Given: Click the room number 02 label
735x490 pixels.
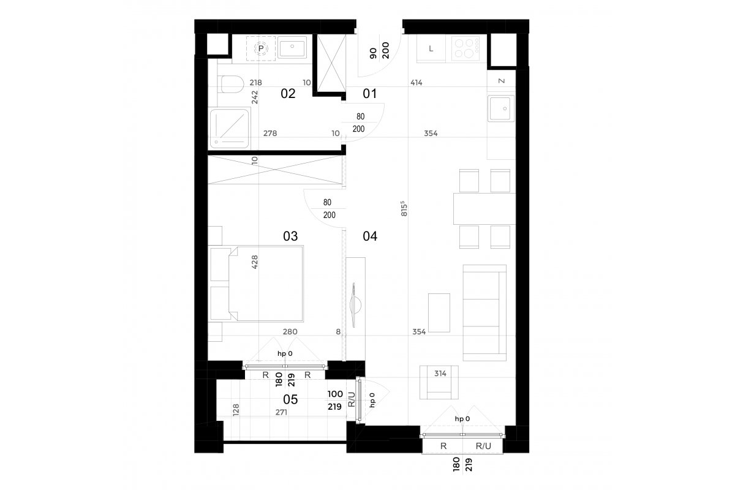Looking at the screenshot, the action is point(288,94).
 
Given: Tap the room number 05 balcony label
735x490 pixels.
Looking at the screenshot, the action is point(290,399).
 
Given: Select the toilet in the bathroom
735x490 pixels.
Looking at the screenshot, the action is point(232,85).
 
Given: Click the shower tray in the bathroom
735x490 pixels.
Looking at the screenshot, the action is point(229,129).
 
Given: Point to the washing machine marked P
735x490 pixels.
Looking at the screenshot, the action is point(261,48).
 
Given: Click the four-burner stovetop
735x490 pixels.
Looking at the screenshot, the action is point(466,48).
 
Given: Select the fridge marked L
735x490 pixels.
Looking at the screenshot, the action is point(431,49).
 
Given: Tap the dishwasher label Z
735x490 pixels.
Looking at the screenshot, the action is point(502,81).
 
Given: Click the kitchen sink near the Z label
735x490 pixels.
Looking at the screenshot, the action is point(501,108).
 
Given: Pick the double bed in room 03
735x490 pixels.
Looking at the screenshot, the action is point(266,284).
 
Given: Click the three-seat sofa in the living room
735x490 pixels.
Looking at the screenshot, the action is point(484,313).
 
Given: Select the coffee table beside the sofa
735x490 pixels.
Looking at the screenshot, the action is point(439,313).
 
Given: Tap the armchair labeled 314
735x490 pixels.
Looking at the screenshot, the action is point(439,382).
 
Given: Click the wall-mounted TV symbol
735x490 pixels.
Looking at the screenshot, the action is point(355,305).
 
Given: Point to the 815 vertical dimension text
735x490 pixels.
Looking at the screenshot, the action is point(404,209).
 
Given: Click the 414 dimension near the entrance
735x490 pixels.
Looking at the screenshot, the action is point(416,83).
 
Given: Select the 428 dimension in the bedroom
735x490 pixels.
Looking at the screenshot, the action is point(255,262).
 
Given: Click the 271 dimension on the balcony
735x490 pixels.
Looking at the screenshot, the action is point(281,412).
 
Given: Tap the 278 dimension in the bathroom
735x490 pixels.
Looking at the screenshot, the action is point(270,134).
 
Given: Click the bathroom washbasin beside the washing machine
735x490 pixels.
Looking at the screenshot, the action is point(292,47).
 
